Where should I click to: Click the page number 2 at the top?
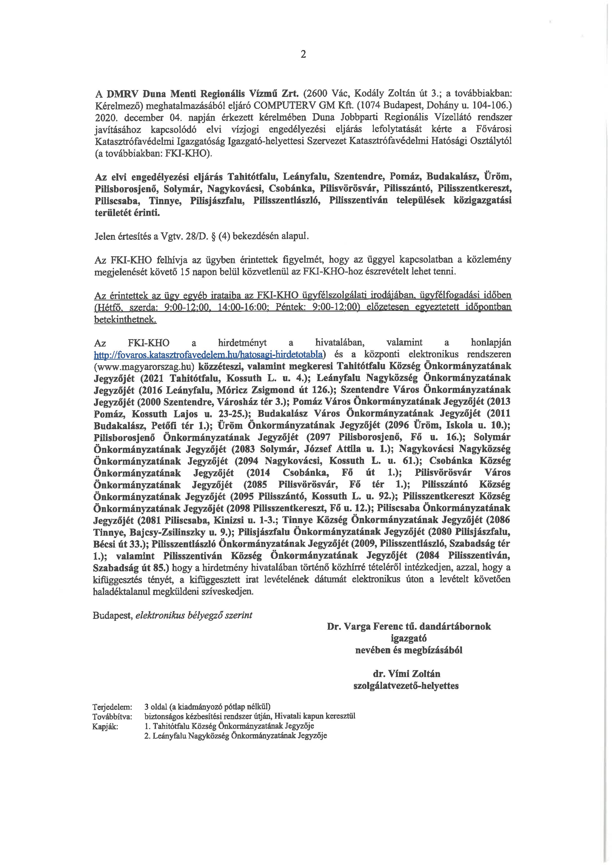[303, 55]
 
